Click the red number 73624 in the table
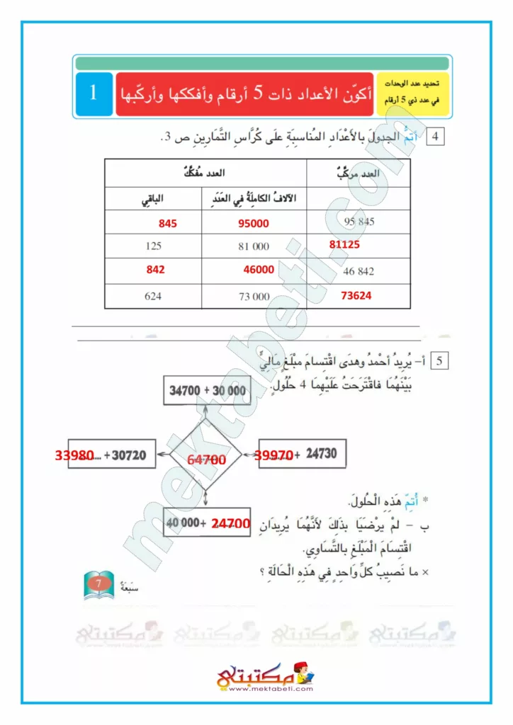pos(356,296)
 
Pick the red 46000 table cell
pos(259,270)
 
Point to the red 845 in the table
pos(167,223)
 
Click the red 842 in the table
pos(156,270)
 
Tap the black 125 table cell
pos(153,246)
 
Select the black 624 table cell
pos(153,296)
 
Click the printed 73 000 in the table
pos(254,297)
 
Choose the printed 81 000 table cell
pos(254,246)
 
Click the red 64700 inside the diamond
pos(206,460)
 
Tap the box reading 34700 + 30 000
pos(207,391)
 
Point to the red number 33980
pos(74,455)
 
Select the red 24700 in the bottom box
pos(231,525)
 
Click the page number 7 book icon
pos(99,584)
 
